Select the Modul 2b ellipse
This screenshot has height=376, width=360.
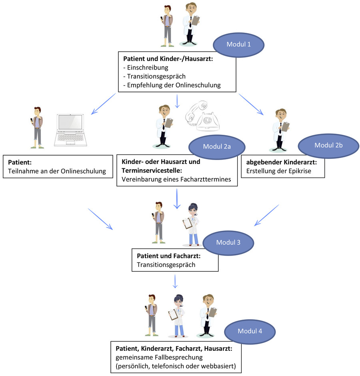pyautogui.click(x=328, y=145)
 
